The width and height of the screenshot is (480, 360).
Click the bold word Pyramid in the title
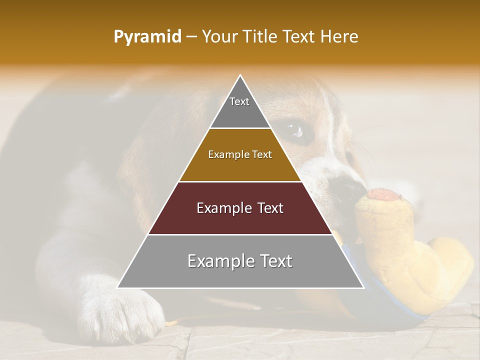(x=147, y=37)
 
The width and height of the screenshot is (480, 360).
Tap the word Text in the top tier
(x=239, y=101)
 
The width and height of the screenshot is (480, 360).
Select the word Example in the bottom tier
(x=215, y=261)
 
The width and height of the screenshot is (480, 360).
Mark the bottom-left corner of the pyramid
(x=117, y=287)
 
